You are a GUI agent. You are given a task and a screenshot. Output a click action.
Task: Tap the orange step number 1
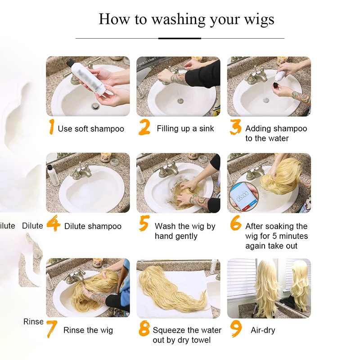click(52, 126)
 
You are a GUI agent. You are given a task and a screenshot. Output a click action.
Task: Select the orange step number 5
click(144, 223)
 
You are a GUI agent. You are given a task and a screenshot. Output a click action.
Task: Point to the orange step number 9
click(236, 329)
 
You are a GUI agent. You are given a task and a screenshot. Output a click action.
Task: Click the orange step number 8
click(144, 328)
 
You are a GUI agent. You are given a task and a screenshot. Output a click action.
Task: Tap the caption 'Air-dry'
click(263, 330)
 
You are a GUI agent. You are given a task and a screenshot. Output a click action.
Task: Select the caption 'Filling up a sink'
click(185, 129)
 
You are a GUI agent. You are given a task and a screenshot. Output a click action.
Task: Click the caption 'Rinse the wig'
click(88, 330)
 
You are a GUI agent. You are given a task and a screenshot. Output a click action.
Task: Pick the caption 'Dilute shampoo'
click(93, 226)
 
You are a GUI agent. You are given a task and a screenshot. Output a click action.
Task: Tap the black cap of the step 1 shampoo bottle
click(70, 63)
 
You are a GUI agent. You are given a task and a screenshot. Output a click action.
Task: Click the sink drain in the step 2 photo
click(180, 100)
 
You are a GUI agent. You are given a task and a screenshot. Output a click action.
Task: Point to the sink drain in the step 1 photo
click(95, 106)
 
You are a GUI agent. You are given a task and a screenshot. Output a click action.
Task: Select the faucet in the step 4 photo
click(83, 171)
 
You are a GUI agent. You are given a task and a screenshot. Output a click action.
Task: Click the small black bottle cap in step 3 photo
click(275, 86)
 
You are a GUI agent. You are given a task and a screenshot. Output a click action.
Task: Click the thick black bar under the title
click(180, 38)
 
